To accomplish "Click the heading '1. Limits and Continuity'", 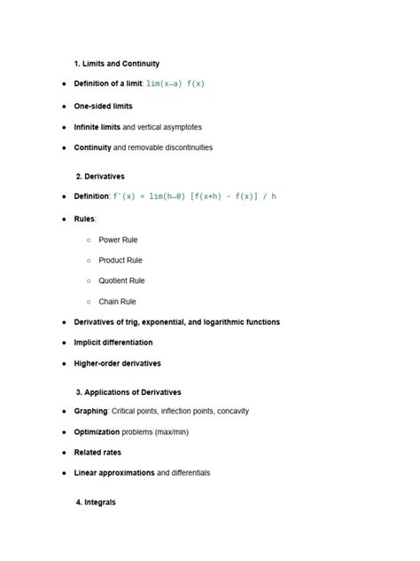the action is tap(117, 64).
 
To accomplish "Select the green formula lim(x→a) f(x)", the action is tap(175, 83).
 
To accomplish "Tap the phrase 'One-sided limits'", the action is tap(103, 106).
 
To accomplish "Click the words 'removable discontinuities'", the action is tap(169, 147).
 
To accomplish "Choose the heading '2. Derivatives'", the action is tap(100, 177).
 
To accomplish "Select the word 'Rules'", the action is tap(84, 218).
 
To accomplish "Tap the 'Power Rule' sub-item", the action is tap(118, 240).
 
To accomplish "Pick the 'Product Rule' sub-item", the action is tap(121, 260).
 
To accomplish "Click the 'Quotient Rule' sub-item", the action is tap(121, 280).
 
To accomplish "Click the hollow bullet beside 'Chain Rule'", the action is tap(89, 302).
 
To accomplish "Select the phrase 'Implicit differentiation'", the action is tap(113, 343).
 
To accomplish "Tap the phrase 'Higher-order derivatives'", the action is tap(118, 363).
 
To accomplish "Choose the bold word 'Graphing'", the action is tap(90, 411).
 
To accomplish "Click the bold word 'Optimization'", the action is tap(97, 431).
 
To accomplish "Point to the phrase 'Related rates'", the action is tap(97, 452).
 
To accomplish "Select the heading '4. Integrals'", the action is tap(96, 502).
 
